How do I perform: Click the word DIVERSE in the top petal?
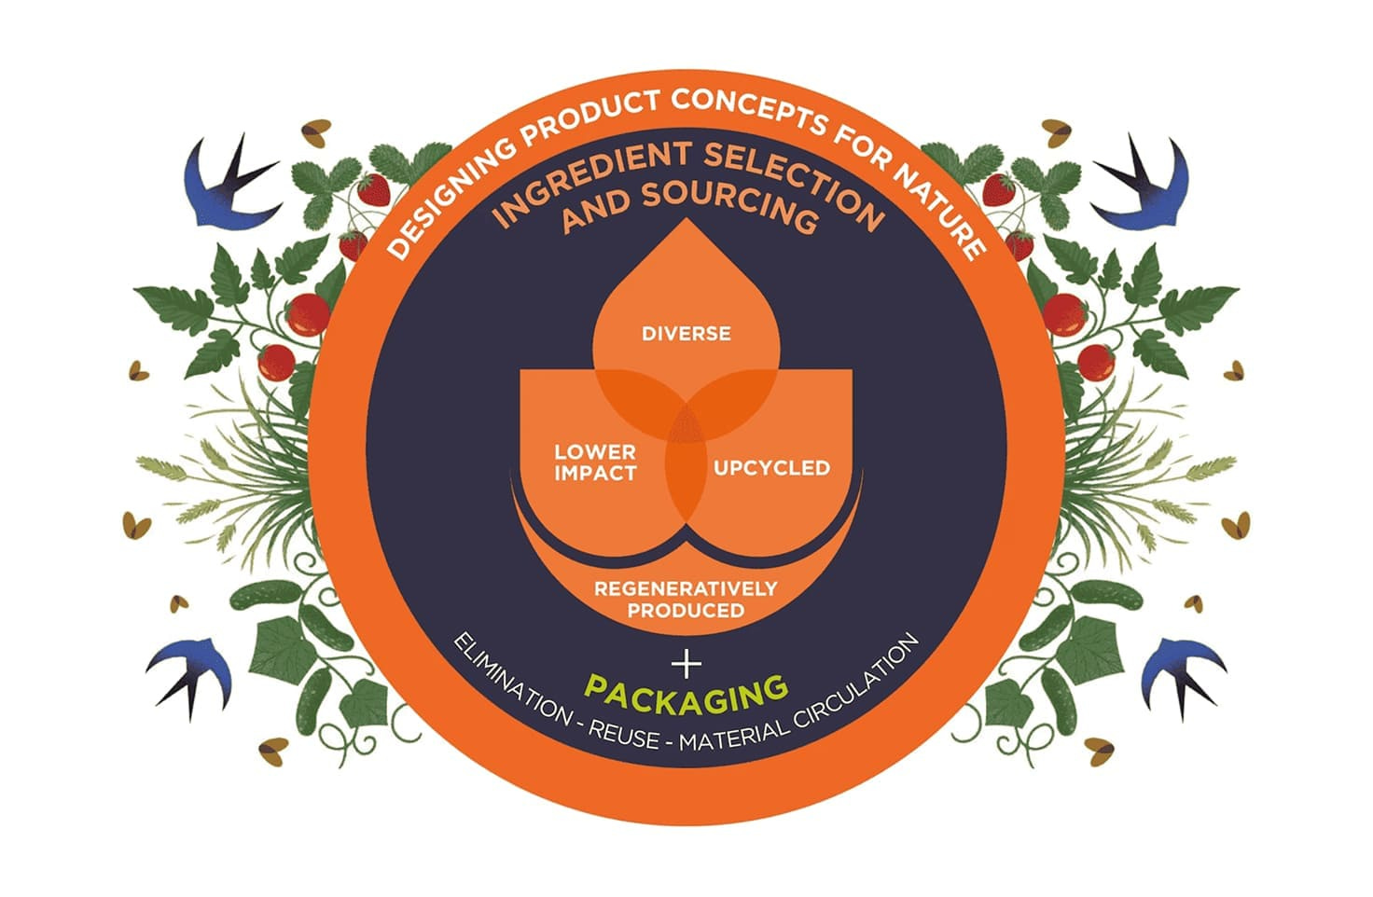tap(686, 334)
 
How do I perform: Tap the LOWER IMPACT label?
tap(595, 462)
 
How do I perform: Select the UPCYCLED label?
tap(771, 468)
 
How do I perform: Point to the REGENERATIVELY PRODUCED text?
tap(686, 600)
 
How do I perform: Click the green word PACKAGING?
tap(686, 692)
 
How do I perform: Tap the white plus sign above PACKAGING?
tap(686, 663)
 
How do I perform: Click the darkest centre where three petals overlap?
tap(686, 424)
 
